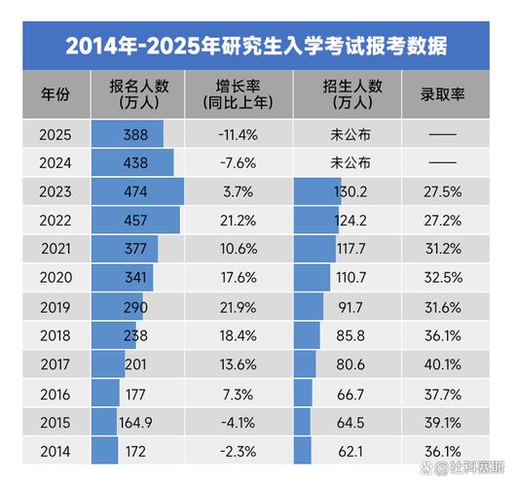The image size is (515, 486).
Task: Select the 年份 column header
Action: tap(55, 95)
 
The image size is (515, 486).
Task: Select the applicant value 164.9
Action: tap(135, 423)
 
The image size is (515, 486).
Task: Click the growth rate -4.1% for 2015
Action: tap(239, 423)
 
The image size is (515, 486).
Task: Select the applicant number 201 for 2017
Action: tap(135, 364)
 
